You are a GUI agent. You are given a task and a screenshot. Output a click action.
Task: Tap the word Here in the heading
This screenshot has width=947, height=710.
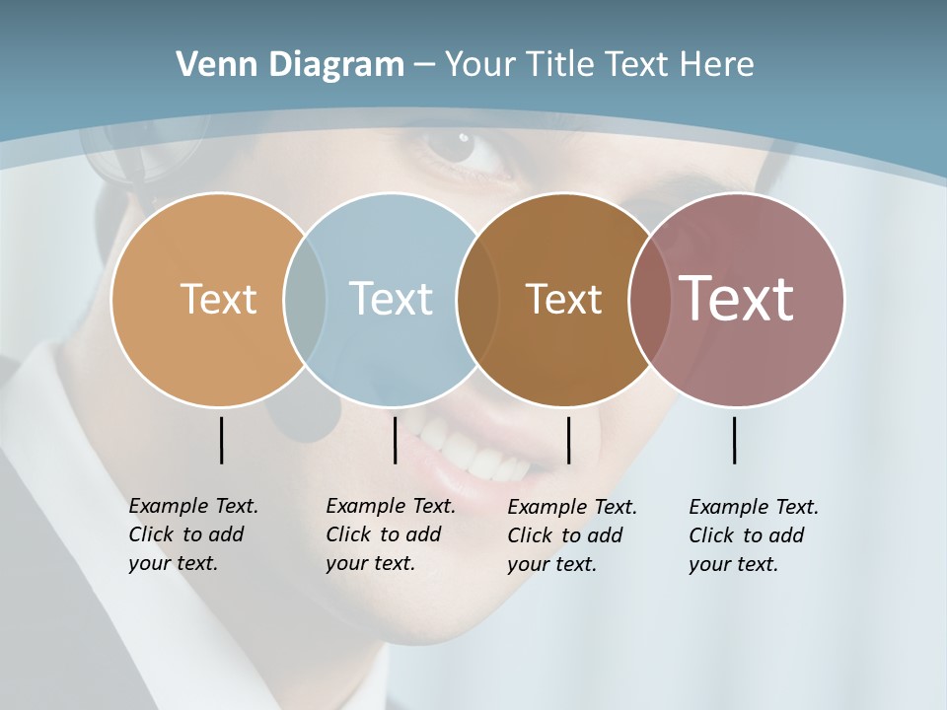click(x=717, y=64)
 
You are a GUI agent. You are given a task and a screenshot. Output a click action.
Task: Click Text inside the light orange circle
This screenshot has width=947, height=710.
click(x=218, y=299)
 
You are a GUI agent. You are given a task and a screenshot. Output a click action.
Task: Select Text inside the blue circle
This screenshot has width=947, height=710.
click(x=391, y=299)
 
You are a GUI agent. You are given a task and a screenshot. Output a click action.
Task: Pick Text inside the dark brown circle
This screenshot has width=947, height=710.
click(x=563, y=299)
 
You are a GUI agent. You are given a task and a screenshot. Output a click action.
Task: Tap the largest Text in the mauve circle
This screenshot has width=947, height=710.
click(x=737, y=298)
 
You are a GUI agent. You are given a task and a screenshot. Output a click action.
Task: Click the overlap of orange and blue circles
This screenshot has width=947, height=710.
click(x=305, y=299)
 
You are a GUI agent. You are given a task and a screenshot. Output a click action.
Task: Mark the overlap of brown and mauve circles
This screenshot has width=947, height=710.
click(x=647, y=299)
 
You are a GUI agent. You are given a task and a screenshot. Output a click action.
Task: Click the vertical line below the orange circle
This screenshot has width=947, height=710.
click(x=221, y=440)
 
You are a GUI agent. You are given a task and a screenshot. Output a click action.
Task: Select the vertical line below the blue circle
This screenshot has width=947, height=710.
click(x=395, y=440)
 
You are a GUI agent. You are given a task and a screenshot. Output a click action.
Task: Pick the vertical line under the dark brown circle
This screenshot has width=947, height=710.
click(x=568, y=440)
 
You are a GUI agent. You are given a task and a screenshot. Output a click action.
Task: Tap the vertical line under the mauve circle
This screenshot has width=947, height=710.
click(x=734, y=440)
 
